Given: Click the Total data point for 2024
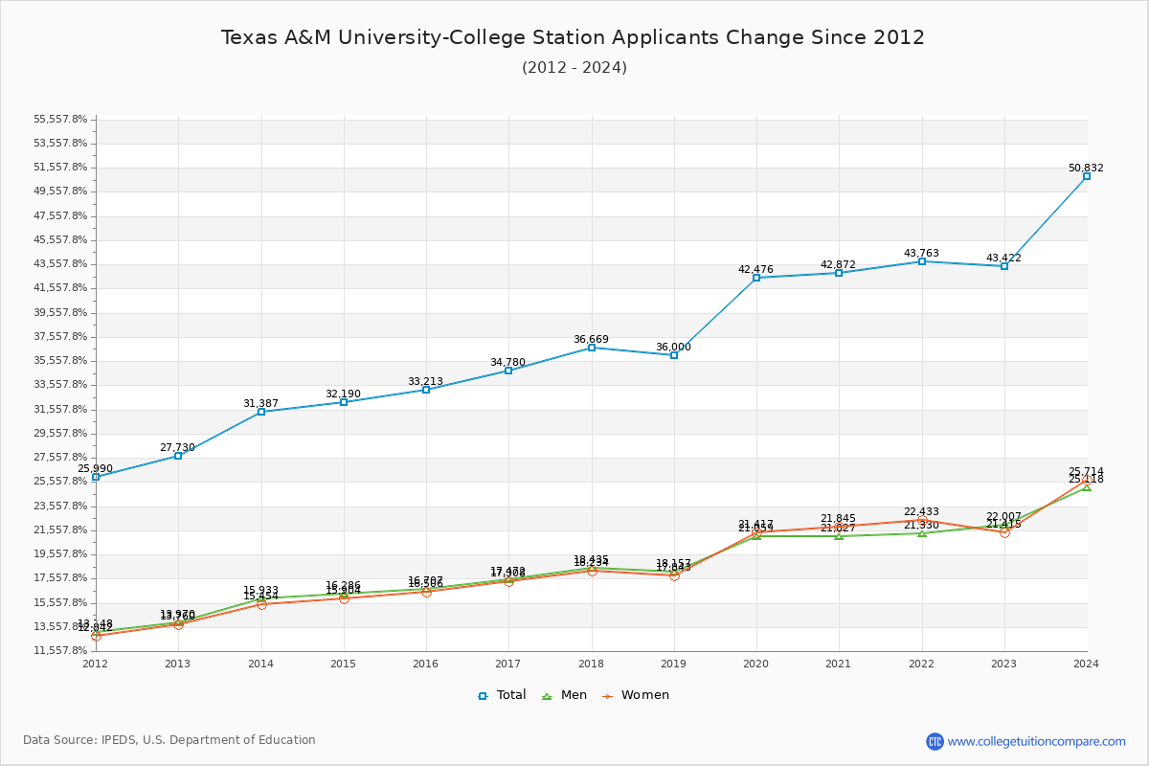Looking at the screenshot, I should click(x=1087, y=176).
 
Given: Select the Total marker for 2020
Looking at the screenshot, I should click(x=756, y=278).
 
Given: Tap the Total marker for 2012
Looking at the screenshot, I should click(x=96, y=477).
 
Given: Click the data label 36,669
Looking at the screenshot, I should click(x=591, y=339).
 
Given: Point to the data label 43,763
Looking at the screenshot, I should click(x=921, y=254).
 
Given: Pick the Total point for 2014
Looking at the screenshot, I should click(x=261, y=412).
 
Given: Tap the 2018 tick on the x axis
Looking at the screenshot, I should click(x=591, y=663).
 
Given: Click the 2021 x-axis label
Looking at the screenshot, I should click(x=839, y=663).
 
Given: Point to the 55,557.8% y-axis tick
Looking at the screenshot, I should click(x=60, y=119).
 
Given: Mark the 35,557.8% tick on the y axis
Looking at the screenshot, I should click(x=60, y=360).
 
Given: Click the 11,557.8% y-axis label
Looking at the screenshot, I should click(x=60, y=650).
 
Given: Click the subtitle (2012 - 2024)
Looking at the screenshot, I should click(x=574, y=67).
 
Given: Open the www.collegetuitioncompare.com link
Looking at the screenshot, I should click(x=1036, y=741).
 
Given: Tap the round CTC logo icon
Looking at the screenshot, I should click(x=935, y=741).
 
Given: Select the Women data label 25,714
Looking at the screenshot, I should click(x=1086, y=471).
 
